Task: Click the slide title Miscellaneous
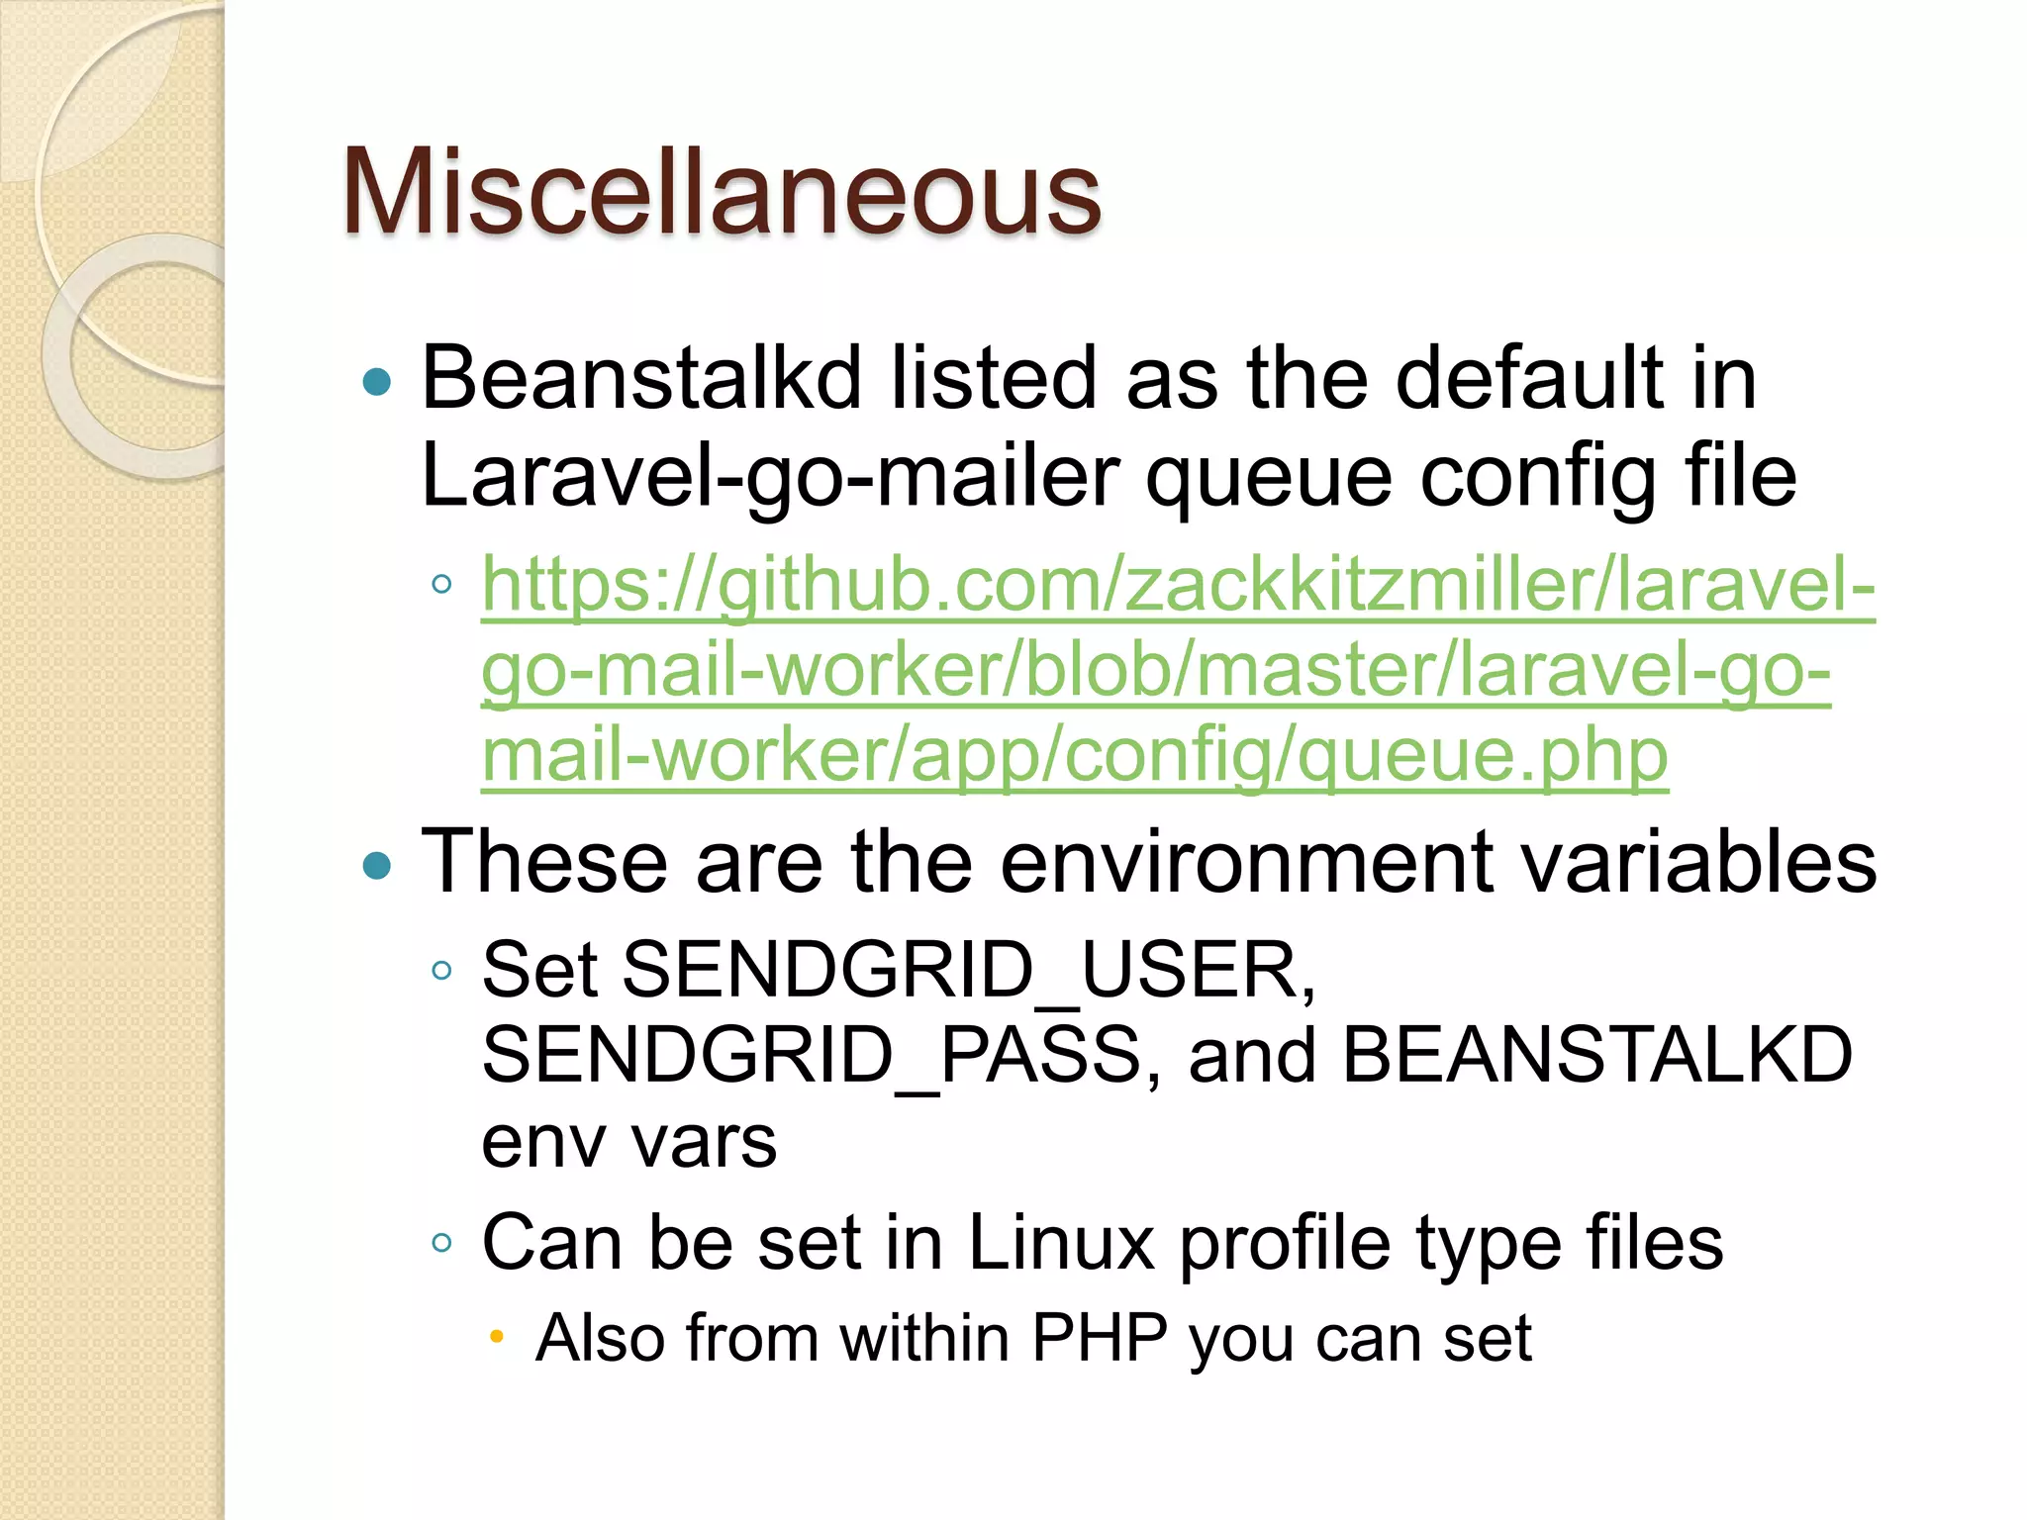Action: pos(721,192)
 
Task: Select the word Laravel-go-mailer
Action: pos(770,478)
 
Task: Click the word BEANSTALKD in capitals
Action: pos(1595,1056)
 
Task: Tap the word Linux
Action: pos(1060,1243)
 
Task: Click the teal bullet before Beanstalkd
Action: pos(377,381)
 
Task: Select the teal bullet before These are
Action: pos(377,866)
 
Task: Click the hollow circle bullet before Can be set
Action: pos(441,1243)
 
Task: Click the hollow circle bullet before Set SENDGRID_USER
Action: pos(441,970)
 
